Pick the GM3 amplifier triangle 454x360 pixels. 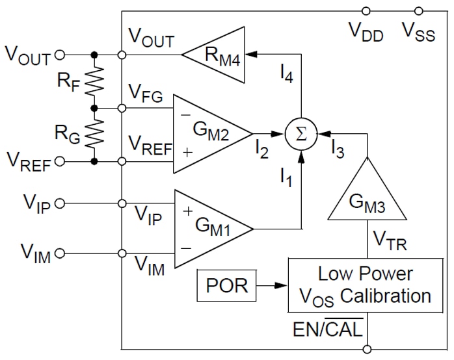367,199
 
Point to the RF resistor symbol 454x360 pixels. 96,81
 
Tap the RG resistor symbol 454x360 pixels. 96,134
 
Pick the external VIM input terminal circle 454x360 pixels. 60,253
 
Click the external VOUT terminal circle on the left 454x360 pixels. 60,55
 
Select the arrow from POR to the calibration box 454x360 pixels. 272,284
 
